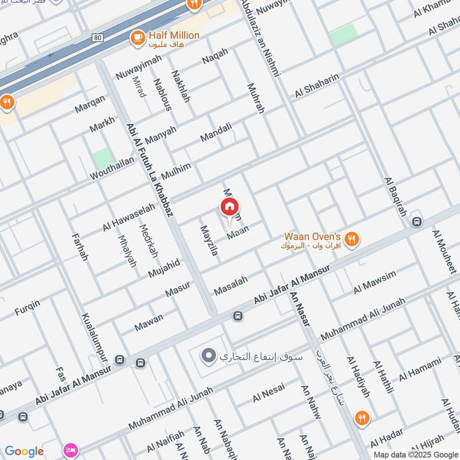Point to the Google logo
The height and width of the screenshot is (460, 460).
point(24,451)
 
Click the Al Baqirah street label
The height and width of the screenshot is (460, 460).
point(394,195)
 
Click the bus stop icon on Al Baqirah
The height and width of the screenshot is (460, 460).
point(417,221)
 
